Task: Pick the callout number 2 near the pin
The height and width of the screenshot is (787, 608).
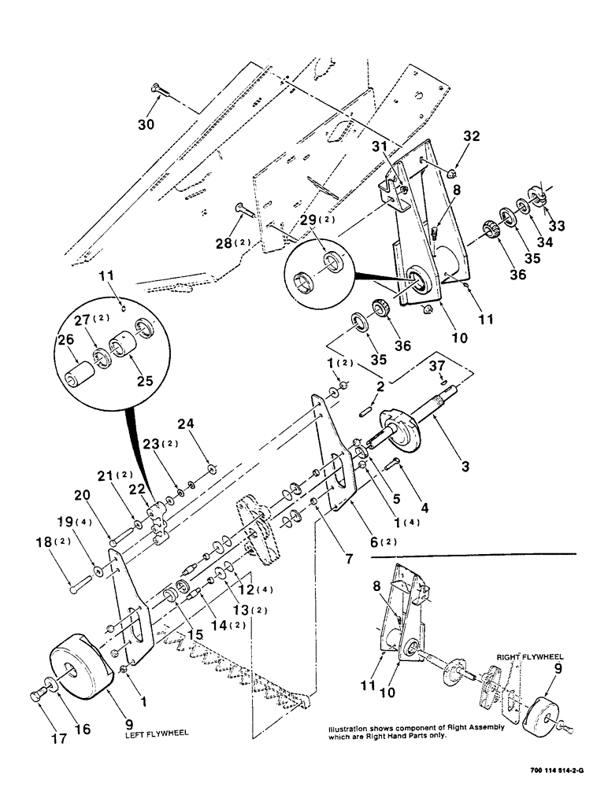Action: (380, 386)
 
